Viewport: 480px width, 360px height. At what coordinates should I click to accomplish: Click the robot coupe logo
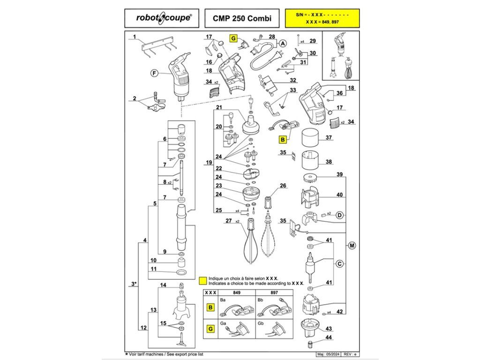pos(163,19)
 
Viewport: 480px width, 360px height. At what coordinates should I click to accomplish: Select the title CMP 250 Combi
pos(242,19)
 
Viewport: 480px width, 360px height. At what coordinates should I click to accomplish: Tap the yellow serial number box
pos(322,19)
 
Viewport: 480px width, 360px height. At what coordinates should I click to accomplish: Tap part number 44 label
pos(329,337)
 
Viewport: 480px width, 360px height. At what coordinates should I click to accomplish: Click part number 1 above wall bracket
pos(134,37)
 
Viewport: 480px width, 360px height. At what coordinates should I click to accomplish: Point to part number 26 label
pos(283,186)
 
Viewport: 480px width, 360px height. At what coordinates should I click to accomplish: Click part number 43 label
pos(329,329)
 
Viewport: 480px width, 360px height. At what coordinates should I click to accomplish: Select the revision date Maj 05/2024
pos(327,354)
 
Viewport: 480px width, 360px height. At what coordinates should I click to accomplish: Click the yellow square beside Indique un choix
pos(202,281)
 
